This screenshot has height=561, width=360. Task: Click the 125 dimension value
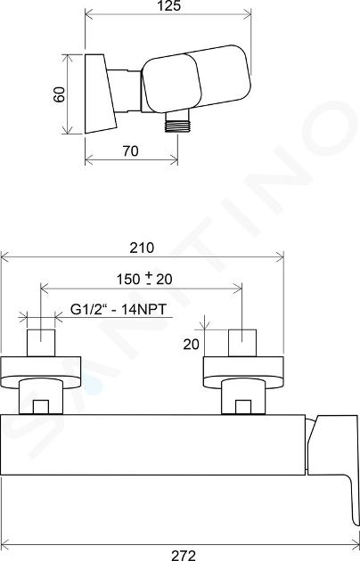click(169, 5)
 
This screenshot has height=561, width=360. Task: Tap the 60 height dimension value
click(60, 94)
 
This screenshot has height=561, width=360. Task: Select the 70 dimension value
click(131, 151)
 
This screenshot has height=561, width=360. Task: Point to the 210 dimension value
click(142, 248)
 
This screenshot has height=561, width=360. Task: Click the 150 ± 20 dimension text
click(144, 279)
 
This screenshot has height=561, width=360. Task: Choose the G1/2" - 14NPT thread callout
click(119, 309)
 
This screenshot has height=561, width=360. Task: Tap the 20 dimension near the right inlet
click(191, 345)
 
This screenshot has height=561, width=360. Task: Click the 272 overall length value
click(184, 556)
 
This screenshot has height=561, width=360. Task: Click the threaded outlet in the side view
click(177, 122)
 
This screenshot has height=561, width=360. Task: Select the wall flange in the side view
click(100, 93)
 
